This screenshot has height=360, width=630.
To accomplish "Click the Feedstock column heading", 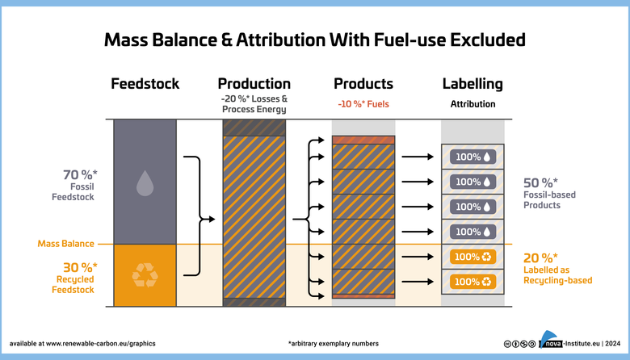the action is [x=145, y=84].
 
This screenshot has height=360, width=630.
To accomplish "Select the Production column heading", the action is [x=254, y=84].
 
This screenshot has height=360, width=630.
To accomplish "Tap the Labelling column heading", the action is [x=472, y=84].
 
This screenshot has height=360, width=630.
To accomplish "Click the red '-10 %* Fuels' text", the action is [x=363, y=104].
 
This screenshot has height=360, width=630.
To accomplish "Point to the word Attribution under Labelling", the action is [x=472, y=104].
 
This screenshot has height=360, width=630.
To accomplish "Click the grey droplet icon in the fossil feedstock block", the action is [x=145, y=183].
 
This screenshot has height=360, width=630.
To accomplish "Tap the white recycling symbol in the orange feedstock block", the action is [x=145, y=275].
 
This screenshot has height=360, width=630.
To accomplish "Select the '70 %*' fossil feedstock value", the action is [x=80, y=174].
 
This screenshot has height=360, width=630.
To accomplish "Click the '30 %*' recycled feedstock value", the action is [x=80, y=267].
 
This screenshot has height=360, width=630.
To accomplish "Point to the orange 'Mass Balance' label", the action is [x=66, y=244].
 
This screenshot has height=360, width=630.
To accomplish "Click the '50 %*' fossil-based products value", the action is [x=540, y=182].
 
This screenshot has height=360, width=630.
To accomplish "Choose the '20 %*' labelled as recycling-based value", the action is [x=540, y=257].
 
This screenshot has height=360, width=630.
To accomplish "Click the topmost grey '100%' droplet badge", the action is [x=472, y=157].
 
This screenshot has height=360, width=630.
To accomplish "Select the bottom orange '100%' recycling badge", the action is [x=472, y=282].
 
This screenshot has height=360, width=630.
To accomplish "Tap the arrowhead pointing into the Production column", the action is [x=212, y=219].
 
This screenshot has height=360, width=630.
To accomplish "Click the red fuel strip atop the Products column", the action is [x=363, y=140].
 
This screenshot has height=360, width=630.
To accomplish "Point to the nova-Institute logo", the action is [x=549, y=340].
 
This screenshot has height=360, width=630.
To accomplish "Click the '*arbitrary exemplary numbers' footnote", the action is [x=334, y=344].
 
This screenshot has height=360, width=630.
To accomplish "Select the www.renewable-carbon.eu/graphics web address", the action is [x=100, y=344].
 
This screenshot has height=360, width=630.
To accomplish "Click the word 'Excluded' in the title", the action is [x=487, y=40].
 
